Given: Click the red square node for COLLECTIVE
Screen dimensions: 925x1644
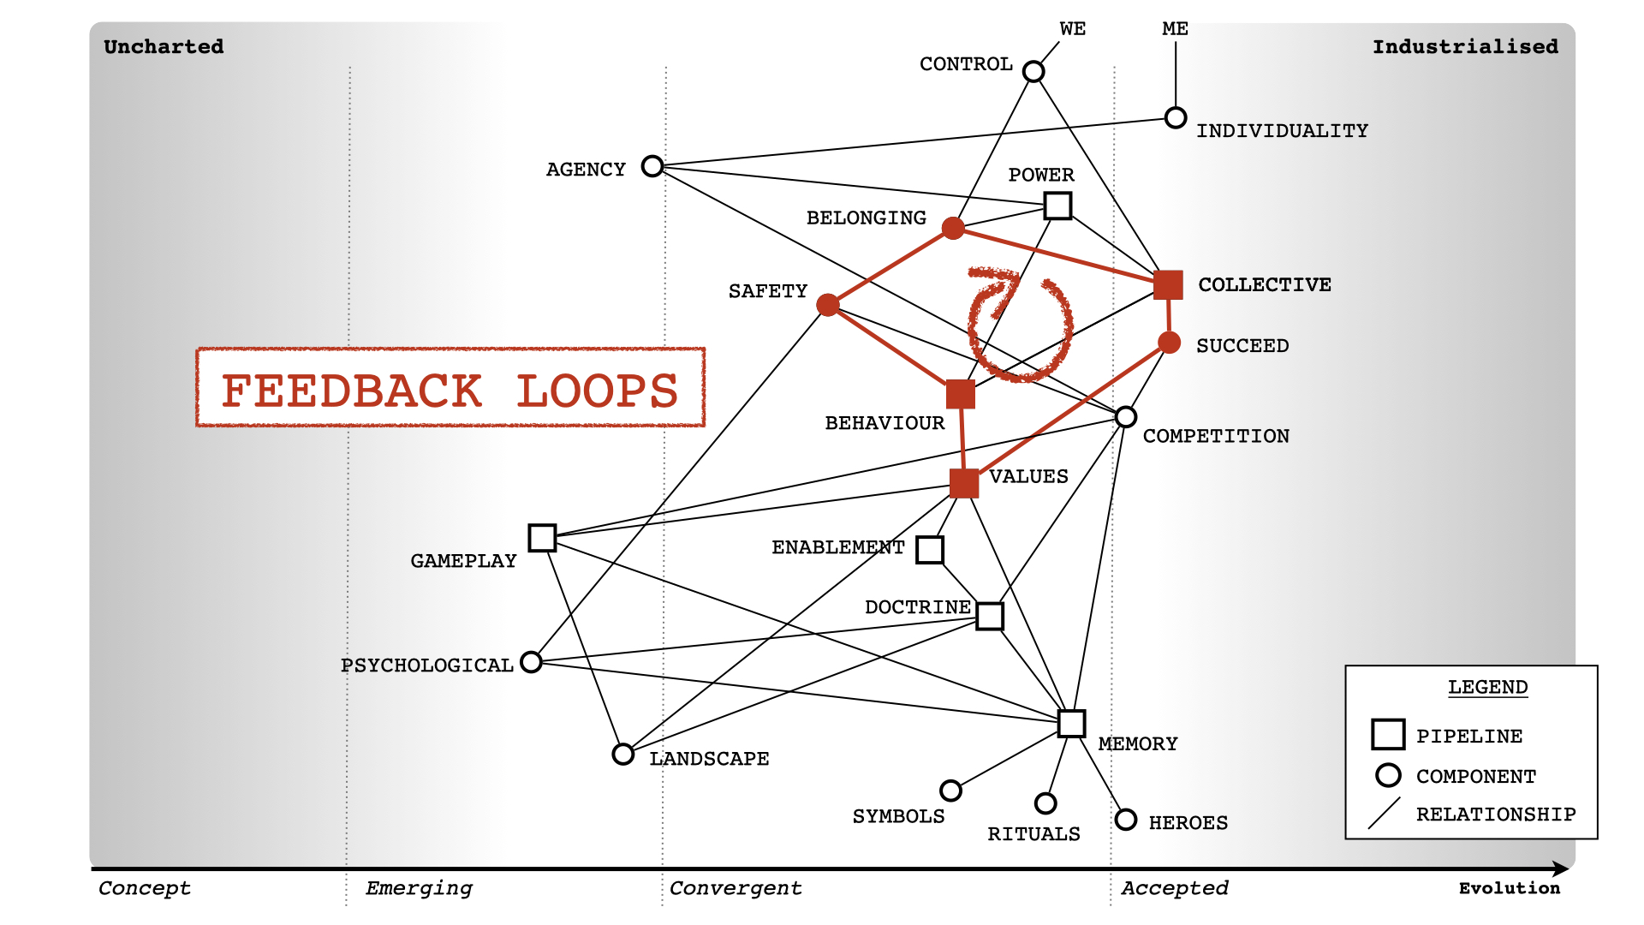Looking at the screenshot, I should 1168,284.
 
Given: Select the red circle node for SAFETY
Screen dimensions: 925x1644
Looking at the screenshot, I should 828,305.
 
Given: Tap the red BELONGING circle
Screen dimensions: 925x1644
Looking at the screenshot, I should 953,228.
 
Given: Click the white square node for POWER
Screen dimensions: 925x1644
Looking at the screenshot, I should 1058,206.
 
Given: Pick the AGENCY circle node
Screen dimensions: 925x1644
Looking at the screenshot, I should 652,165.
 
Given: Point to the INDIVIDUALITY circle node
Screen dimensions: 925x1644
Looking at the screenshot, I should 1176,117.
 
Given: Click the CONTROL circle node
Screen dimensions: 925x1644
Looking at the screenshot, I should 1033,71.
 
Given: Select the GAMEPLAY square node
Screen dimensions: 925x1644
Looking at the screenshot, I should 542,538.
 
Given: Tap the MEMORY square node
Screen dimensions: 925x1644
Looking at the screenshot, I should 1071,723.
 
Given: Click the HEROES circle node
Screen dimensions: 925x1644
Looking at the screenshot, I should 1126,820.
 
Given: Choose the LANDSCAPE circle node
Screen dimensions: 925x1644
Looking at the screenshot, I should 623,754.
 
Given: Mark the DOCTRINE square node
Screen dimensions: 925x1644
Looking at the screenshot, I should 990,616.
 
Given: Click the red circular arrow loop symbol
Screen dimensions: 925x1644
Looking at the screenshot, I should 1019,325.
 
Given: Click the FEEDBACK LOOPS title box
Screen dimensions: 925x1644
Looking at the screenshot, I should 450,388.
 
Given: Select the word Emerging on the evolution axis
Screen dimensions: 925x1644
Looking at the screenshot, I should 419,888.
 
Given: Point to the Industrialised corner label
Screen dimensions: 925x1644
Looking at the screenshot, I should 1465,47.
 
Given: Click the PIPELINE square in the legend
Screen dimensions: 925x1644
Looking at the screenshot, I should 1388,734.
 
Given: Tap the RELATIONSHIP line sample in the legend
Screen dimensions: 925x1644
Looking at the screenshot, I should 1384,813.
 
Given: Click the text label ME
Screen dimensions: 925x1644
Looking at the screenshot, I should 1175,29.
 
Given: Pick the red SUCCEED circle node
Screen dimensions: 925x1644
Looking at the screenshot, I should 1169,343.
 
